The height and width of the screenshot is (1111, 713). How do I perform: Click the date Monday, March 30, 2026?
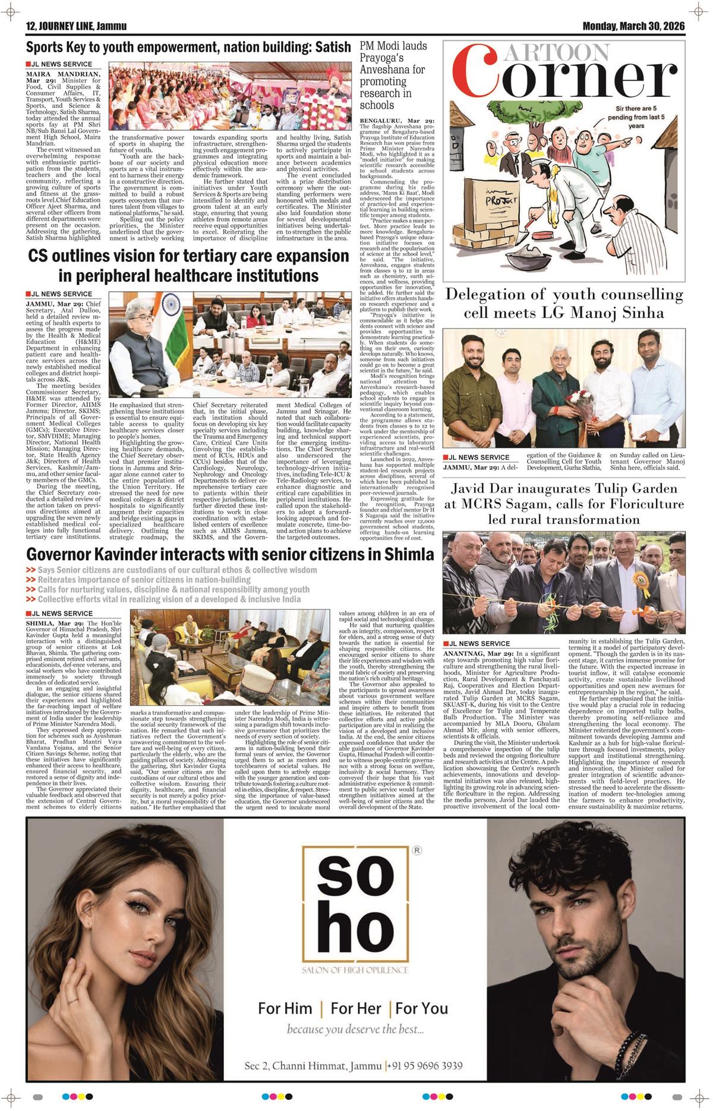(x=633, y=26)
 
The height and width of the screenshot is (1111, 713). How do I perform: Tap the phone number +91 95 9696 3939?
(x=427, y=1049)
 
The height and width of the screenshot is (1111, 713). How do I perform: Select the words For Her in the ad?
(x=356, y=1008)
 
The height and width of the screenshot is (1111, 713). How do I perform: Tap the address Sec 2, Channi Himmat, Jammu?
(x=314, y=1049)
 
